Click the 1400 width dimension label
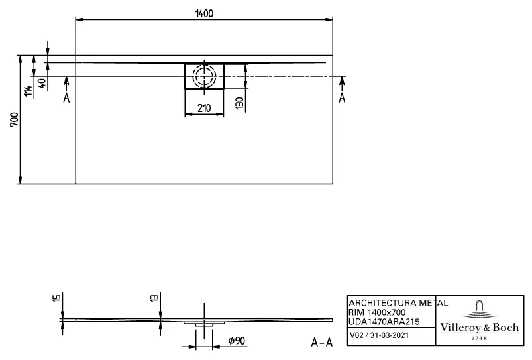(x=204, y=15)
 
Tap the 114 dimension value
(x=27, y=91)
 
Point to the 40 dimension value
(x=42, y=84)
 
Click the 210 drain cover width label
(x=204, y=109)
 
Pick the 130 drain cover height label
(x=240, y=103)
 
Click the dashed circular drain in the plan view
(x=204, y=76)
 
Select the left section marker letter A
(x=66, y=98)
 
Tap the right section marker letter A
(x=342, y=98)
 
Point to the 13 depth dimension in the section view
(x=154, y=299)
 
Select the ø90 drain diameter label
(x=238, y=340)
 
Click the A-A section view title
(x=321, y=342)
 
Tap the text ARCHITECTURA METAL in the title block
(x=398, y=303)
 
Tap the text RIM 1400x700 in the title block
(x=377, y=312)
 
